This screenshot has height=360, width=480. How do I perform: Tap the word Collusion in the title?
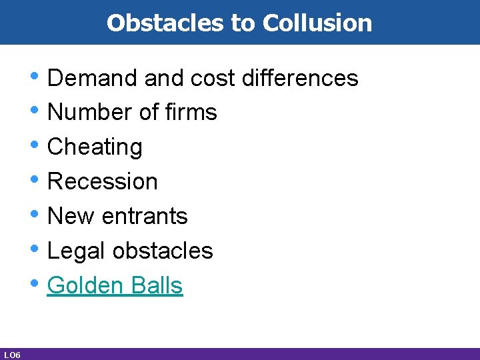pyautogui.click(x=317, y=23)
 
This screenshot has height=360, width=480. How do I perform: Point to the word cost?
pyautogui.click(x=213, y=79)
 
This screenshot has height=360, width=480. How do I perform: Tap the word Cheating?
pyautogui.click(x=95, y=147)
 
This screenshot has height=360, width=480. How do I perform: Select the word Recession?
pyautogui.click(x=103, y=181)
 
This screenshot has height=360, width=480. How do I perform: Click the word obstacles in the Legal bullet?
pyautogui.click(x=163, y=251)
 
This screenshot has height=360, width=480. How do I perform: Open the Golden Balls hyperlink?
pyautogui.click(x=115, y=285)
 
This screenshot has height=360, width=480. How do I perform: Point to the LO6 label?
pyautogui.click(x=11, y=355)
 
